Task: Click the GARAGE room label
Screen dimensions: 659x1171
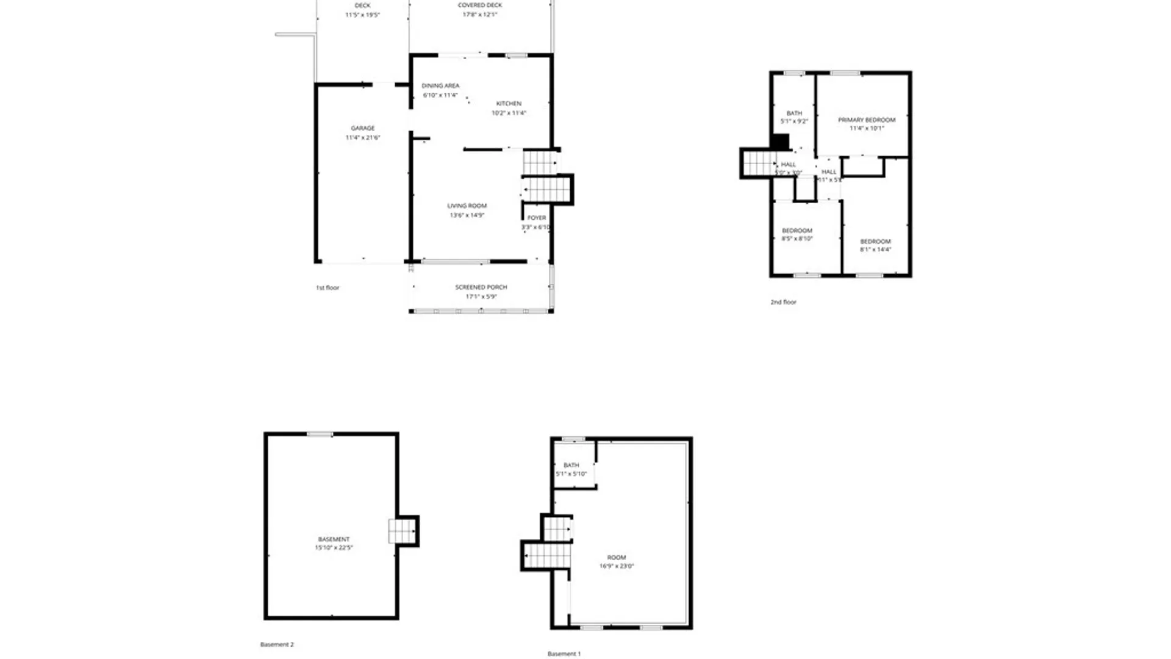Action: click(x=363, y=128)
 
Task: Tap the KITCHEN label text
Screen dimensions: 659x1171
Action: click(x=509, y=104)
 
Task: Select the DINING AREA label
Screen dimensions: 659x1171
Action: click(x=440, y=86)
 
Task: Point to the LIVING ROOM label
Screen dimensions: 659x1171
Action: click(x=467, y=206)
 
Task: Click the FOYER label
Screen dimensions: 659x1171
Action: click(x=537, y=218)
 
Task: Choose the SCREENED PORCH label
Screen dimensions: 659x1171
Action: click(x=481, y=287)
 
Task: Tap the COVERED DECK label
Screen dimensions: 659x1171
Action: click(x=480, y=5)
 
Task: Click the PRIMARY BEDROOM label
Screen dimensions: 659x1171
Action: click(x=867, y=120)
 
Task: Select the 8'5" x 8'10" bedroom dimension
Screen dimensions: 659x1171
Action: click(x=797, y=239)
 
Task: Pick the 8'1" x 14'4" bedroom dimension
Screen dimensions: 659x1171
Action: click(x=876, y=250)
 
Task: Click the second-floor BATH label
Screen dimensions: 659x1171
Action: click(x=794, y=113)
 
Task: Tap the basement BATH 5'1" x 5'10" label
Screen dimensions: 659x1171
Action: click(x=571, y=470)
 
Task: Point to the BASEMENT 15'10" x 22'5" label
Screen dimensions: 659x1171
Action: click(x=334, y=544)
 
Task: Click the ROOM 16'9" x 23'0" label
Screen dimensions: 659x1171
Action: click(x=617, y=562)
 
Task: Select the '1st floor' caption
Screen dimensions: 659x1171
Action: click(x=328, y=288)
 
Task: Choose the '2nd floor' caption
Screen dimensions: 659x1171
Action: click(x=783, y=302)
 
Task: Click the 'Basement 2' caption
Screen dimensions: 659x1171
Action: click(x=277, y=644)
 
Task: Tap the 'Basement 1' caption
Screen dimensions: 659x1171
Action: click(x=564, y=654)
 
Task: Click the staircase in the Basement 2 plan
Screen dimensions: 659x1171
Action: click(x=402, y=531)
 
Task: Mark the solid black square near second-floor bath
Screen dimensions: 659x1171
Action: click(x=780, y=142)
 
